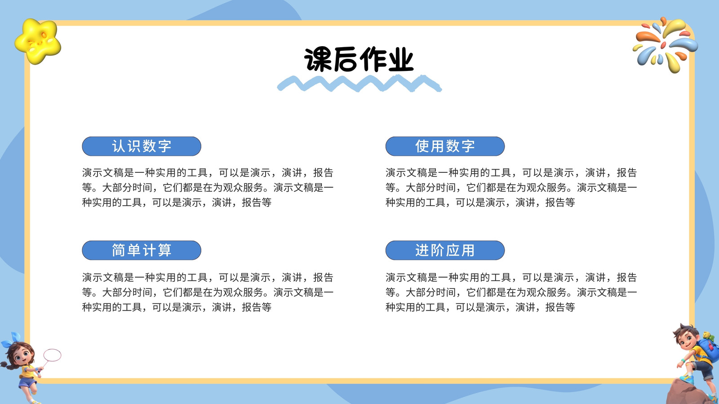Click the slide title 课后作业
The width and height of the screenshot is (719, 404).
(359, 59)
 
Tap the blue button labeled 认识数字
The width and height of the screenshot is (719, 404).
(142, 146)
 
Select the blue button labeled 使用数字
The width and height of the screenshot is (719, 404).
(445, 146)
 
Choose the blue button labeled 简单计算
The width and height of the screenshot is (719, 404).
(142, 250)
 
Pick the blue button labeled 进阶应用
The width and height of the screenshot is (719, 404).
(445, 250)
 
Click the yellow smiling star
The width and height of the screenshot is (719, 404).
(38, 41)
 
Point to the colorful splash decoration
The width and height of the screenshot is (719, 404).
(665, 44)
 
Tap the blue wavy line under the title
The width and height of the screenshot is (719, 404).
(359, 83)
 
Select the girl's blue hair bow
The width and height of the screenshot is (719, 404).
(13, 339)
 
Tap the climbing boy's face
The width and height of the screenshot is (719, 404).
(688, 341)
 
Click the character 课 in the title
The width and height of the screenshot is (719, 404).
(318, 59)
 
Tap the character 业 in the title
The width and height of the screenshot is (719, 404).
(400, 59)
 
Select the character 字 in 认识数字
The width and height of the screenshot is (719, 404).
(164, 146)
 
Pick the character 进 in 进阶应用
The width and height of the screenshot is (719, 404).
(422, 250)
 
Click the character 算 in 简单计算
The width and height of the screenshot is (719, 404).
(164, 250)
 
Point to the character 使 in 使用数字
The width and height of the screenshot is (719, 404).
(422, 146)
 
